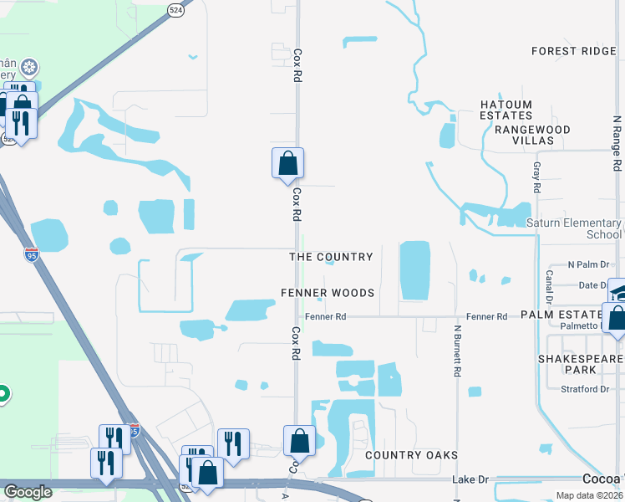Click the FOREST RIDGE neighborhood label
(574, 51)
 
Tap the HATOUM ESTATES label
(506, 110)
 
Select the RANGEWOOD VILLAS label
(532, 136)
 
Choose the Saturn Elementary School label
(574, 228)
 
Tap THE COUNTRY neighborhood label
(331, 257)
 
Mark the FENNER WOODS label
(327, 293)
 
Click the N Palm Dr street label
(590, 265)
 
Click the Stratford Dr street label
(585, 389)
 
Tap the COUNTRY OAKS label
(412, 455)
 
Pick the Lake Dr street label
(470, 479)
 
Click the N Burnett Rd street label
(457, 352)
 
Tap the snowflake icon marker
(30, 67)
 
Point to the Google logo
(28, 492)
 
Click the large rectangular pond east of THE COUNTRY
(414, 270)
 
